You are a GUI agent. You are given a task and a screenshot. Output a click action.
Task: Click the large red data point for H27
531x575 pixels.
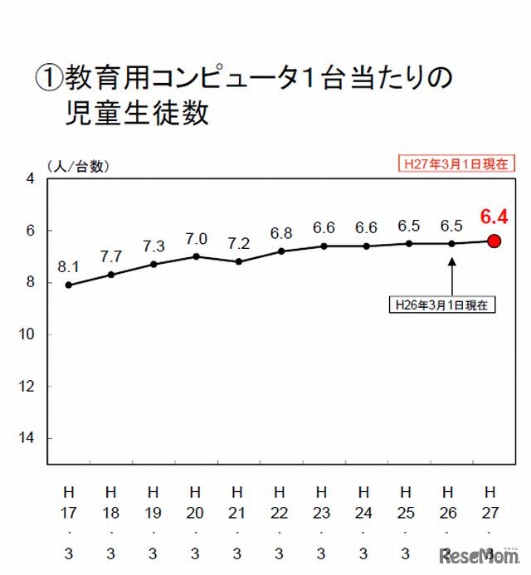pyautogui.click(x=494, y=241)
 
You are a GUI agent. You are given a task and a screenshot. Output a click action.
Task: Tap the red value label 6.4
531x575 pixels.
pyautogui.click(x=493, y=217)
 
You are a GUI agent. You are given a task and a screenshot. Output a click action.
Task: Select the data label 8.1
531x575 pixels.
pyautogui.click(x=68, y=267)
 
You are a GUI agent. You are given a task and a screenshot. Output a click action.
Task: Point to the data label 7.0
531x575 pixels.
pyautogui.click(x=197, y=239)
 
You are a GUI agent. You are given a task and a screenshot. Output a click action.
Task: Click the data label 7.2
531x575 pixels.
pyautogui.click(x=239, y=244)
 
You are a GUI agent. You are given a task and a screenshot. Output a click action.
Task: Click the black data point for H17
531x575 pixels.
pyautogui.click(x=68, y=285)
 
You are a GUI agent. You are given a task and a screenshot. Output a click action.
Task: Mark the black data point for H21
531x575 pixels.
pyautogui.click(x=239, y=261)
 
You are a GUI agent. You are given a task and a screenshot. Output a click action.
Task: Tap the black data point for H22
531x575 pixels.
pyautogui.click(x=282, y=251)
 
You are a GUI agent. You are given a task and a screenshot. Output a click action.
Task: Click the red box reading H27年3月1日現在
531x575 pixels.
pyautogui.click(x=455, y=163)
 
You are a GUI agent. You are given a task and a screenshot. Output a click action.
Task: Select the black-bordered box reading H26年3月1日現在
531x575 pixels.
pyautogui.click(x=442, y=305)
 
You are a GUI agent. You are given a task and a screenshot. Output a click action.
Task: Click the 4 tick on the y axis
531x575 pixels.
pyautogui.click(x=31, y=178)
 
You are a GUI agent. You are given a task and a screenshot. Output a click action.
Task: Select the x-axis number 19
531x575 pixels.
pyautogui.click(x=153, y=514)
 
